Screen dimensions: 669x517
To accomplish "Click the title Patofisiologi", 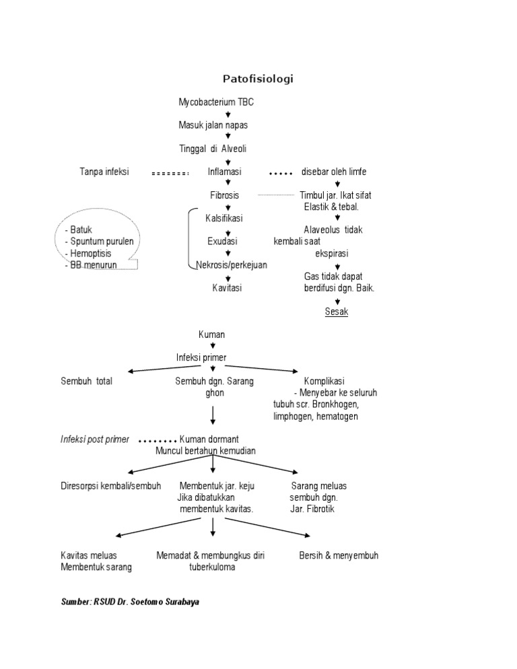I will coord(258,79).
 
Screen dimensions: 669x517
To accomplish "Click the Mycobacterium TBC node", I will coord(216,102).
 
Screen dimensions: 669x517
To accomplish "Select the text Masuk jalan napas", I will coord(213,126).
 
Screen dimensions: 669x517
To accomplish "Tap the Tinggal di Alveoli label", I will coord(217,149).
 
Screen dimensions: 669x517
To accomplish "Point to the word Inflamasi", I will coord(224,172).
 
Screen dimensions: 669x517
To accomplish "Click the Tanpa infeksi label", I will coord(104,172).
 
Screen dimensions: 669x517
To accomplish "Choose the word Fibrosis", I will coord(224,195).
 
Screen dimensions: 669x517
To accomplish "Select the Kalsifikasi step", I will coord(224,218).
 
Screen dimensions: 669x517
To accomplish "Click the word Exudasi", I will coord(222,241).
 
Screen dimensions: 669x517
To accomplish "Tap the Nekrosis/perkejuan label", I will coord(231,265).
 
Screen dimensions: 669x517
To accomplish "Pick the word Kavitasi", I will coord(227,288).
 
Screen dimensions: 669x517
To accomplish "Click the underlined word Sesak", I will coord(337,312).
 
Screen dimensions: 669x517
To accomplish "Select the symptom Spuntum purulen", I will coord(99,242).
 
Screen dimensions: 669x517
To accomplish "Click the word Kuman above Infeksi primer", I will coord(212,334).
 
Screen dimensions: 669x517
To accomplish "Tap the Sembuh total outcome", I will coord(86,381).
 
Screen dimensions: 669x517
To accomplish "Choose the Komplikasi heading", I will coord(324,381).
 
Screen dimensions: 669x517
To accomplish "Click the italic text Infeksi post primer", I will coord(94,439).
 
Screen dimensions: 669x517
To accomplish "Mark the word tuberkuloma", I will coord(212,567).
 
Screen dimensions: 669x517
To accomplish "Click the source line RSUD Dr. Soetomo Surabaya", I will coord(130,602).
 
